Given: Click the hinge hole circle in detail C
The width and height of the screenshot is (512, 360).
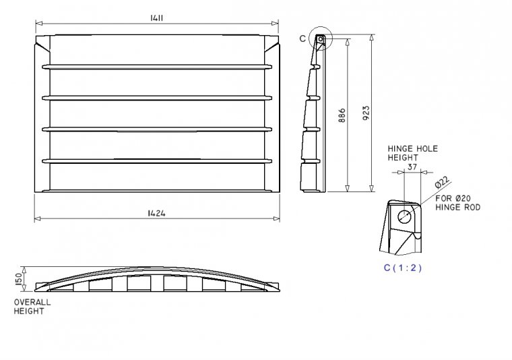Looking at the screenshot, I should (x=406, y=216).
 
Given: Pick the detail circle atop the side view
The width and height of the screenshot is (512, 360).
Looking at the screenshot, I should (x=321, y=40).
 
